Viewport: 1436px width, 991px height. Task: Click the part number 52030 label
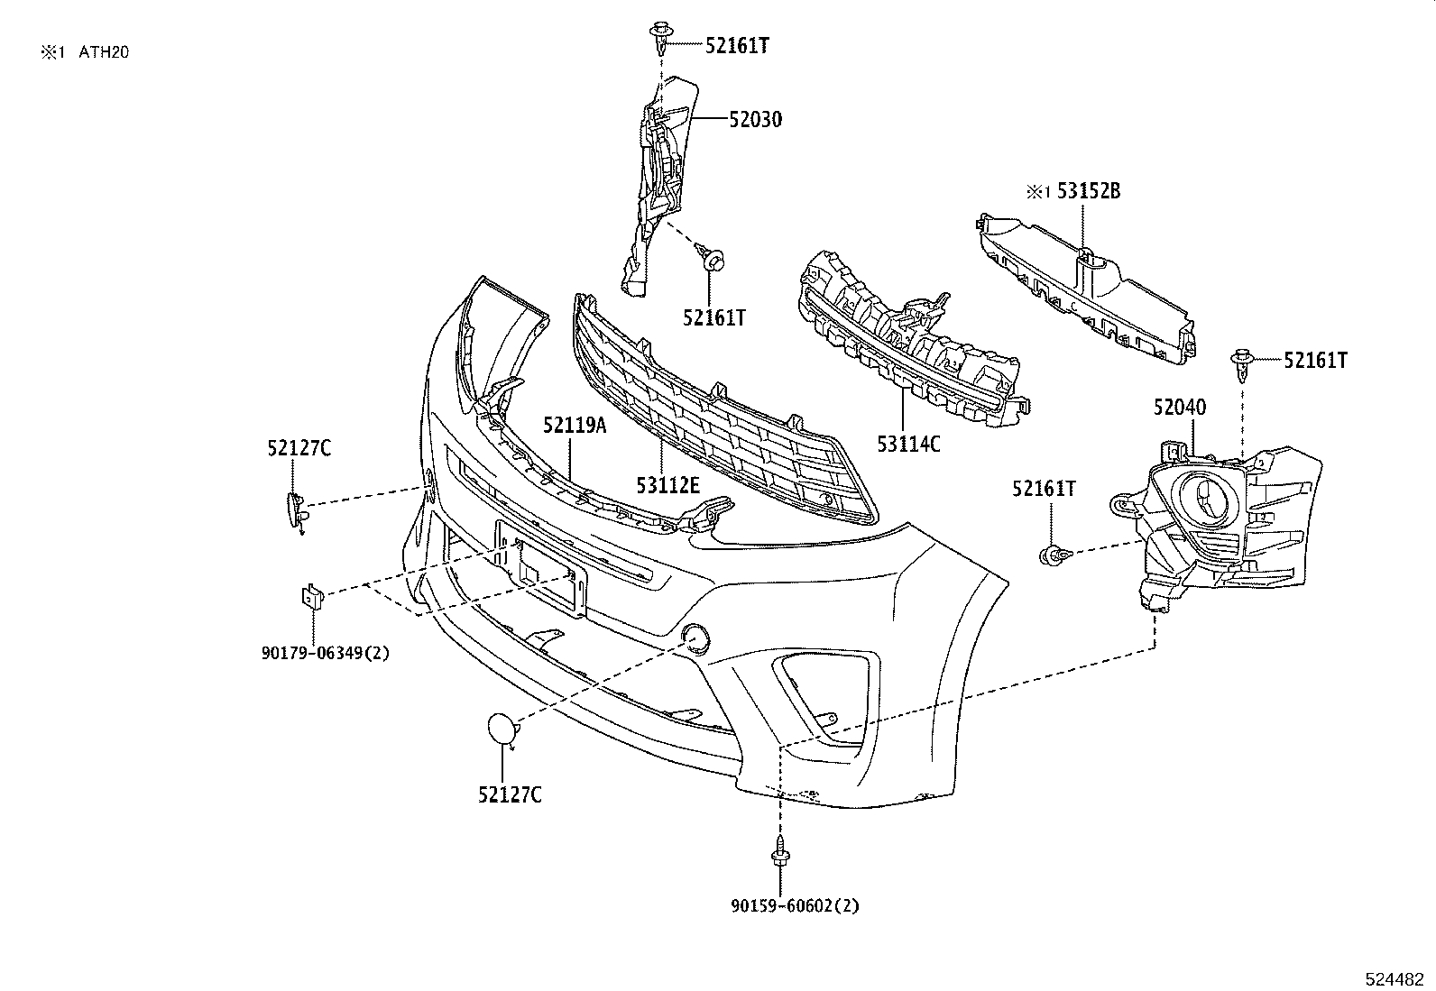pos(755,119)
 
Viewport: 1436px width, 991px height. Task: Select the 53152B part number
pos(1089,191)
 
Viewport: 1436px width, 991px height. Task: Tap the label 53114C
pos(908,443)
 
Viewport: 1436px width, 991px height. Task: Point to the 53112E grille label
pos(667,486)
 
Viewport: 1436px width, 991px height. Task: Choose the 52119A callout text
pos(575,425)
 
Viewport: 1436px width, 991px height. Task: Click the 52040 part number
pos(1179,408)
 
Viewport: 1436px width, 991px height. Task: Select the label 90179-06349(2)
pos(326,653)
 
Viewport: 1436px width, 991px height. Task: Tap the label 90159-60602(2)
pos(795,905)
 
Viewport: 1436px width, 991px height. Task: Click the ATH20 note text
pos(104,52)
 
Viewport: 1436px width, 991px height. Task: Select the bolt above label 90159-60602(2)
pos(777,851)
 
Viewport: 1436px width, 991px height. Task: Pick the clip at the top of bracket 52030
pos(660,39)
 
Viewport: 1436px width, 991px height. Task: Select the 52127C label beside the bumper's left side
pos(299,447)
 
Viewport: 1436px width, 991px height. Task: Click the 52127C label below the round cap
pos(510,794)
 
